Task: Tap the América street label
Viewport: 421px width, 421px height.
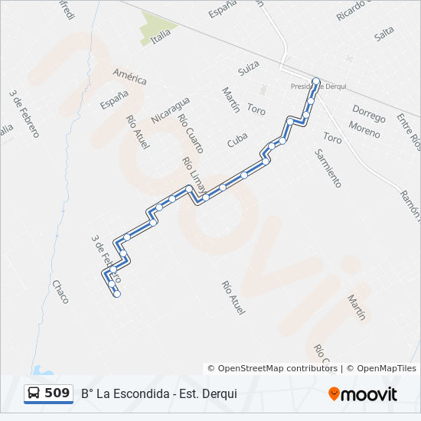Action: pos(129,77)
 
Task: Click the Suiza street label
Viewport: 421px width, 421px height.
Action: pos(249,70)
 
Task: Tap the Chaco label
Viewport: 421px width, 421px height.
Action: pos(60,291)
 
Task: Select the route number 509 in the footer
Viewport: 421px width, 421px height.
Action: pos(57,393)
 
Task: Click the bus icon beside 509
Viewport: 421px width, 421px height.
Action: pos(34,393)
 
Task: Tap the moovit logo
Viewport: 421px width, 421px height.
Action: pos(363,394)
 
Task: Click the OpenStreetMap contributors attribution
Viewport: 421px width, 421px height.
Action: pos(273,368)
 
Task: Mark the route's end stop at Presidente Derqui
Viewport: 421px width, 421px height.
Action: pos(316,80)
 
